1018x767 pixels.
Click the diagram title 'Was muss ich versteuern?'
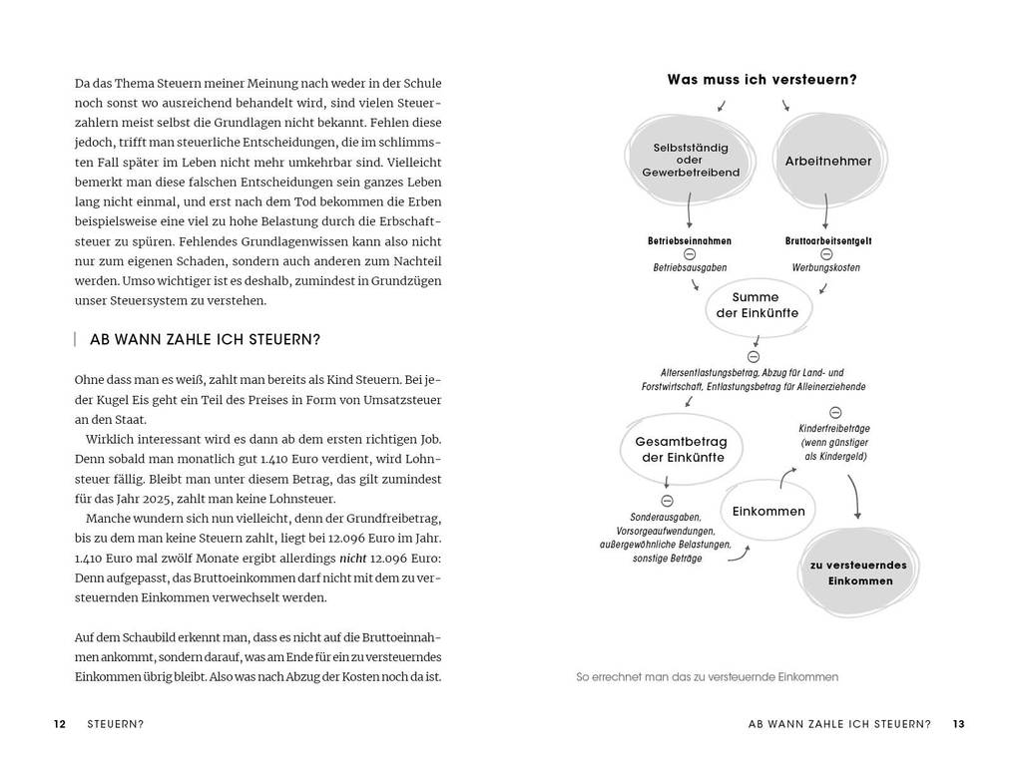[762, 79]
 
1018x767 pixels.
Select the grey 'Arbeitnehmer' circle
[827, 161]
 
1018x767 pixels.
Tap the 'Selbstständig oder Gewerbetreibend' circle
[691, 160]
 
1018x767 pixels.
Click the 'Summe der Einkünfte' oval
[757, 305]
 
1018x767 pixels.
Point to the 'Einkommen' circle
[767, 511]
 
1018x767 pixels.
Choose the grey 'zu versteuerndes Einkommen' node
[858, 573]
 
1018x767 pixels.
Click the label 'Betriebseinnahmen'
[690, 240]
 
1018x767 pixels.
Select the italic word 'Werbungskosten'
[825, 267]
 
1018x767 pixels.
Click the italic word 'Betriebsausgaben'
[690, 267]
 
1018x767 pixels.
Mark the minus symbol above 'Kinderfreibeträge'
[835, 412]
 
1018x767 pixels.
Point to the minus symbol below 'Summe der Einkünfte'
[754, 356]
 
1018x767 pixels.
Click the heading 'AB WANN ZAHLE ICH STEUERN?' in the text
[205, 339]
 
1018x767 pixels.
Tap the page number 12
[60, 725]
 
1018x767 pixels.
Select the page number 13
[958, 724]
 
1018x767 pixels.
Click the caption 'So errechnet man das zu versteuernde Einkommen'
[708, 677]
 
